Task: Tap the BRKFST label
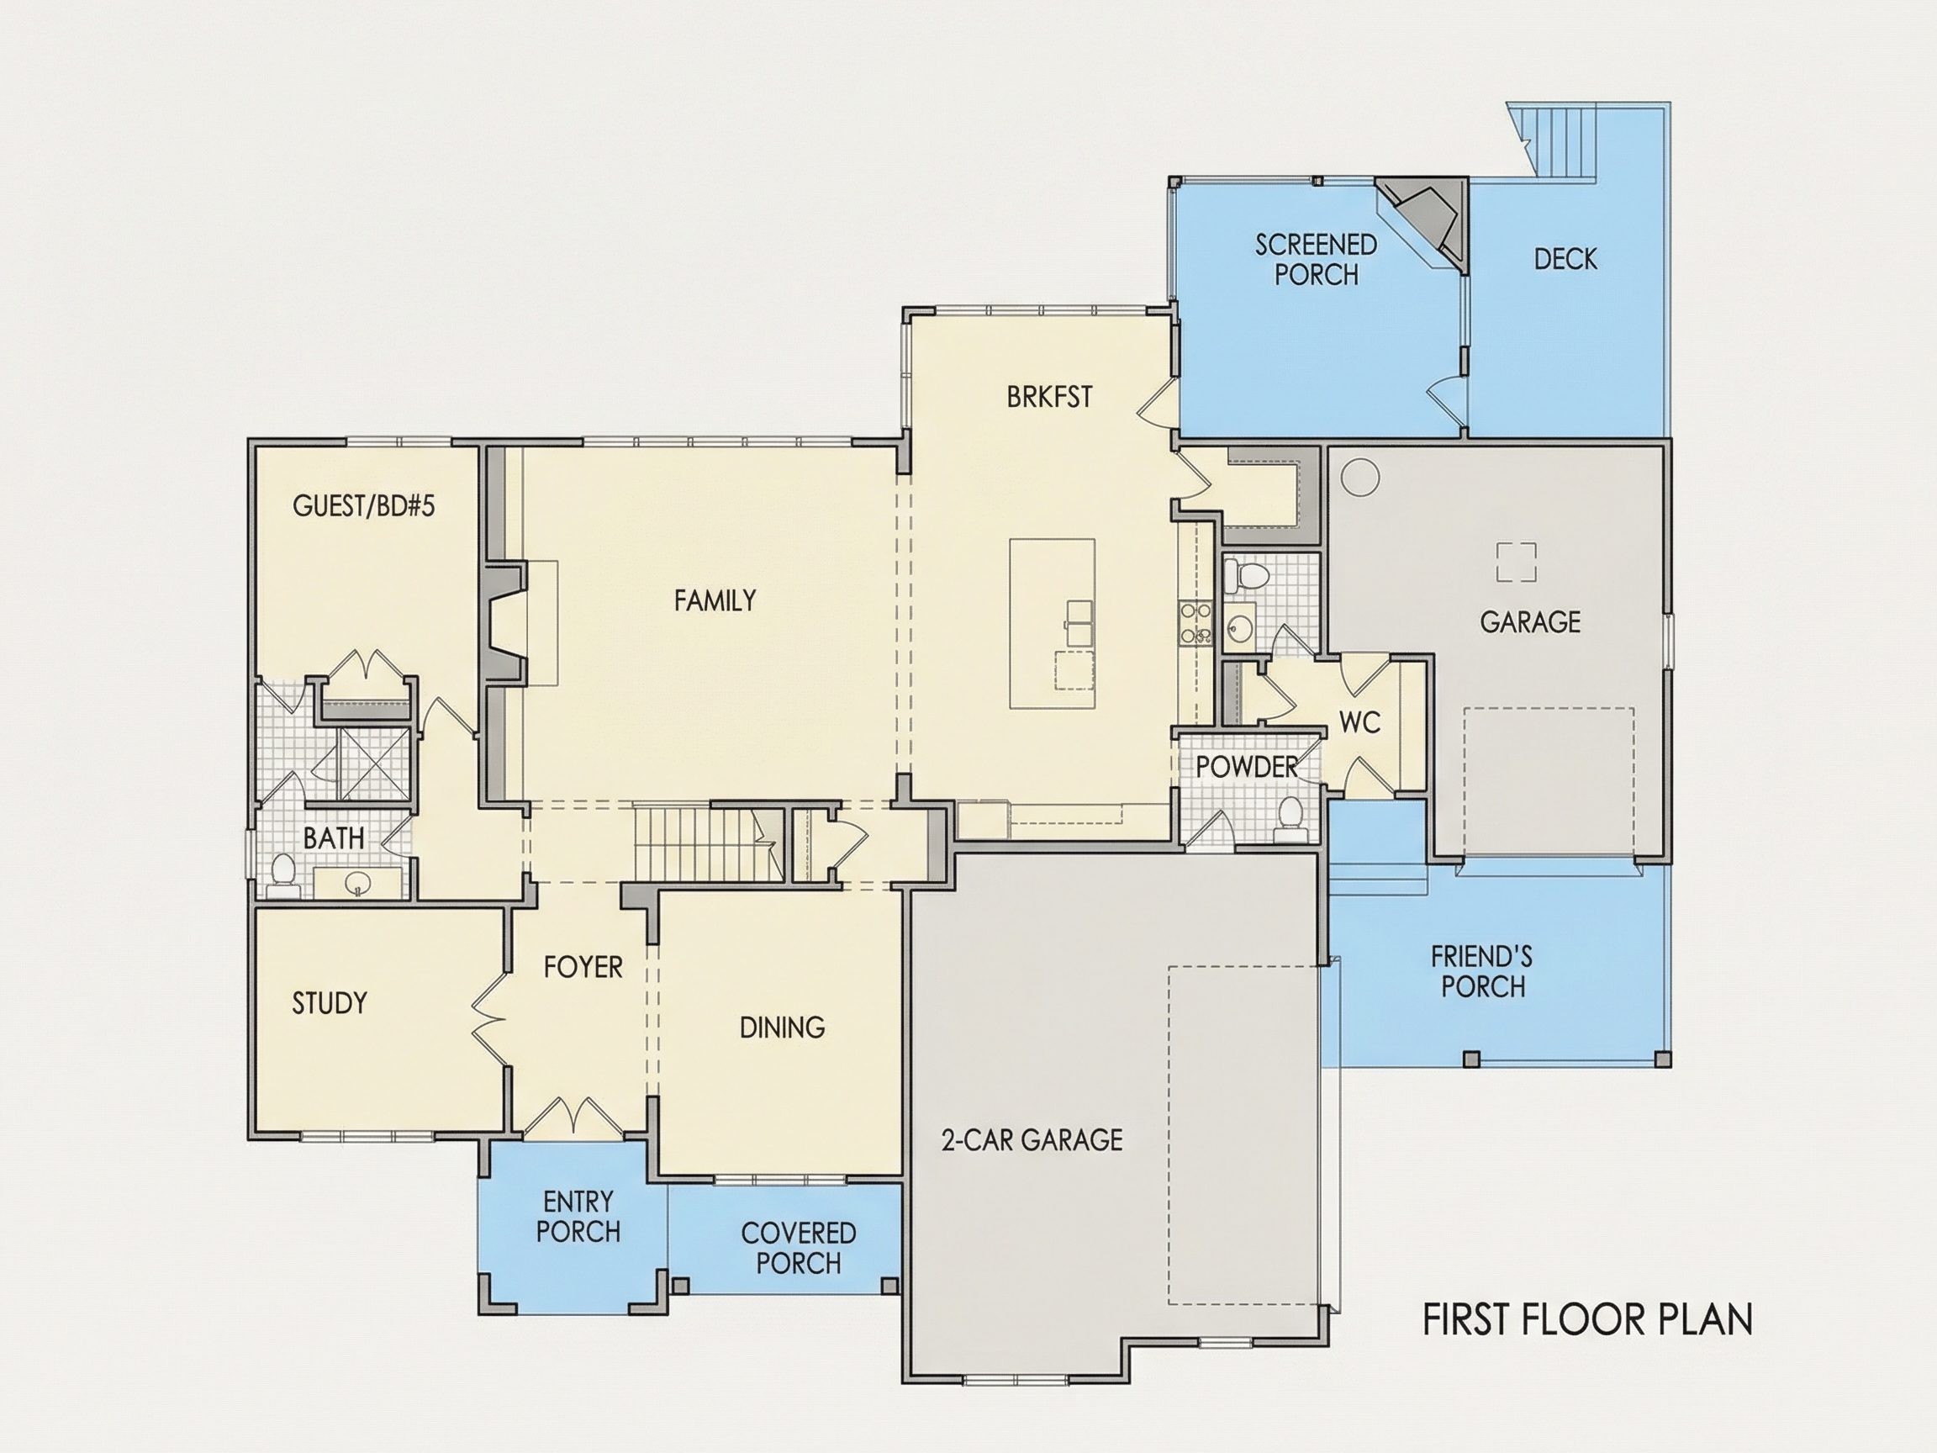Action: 1049,397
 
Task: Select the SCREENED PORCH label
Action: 1317,259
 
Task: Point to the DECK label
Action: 1565,258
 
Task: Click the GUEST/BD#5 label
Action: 363,505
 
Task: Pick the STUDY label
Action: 330,1003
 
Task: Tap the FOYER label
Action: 583,967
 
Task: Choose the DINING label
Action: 782,1028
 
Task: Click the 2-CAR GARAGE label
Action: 1032,1139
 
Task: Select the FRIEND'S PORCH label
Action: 1482,971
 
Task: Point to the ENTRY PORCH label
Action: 578,1217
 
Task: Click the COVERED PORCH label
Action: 799,1248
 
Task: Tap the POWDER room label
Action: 1247,767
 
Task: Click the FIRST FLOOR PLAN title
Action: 1587,1320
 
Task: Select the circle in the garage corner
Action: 1360,478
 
